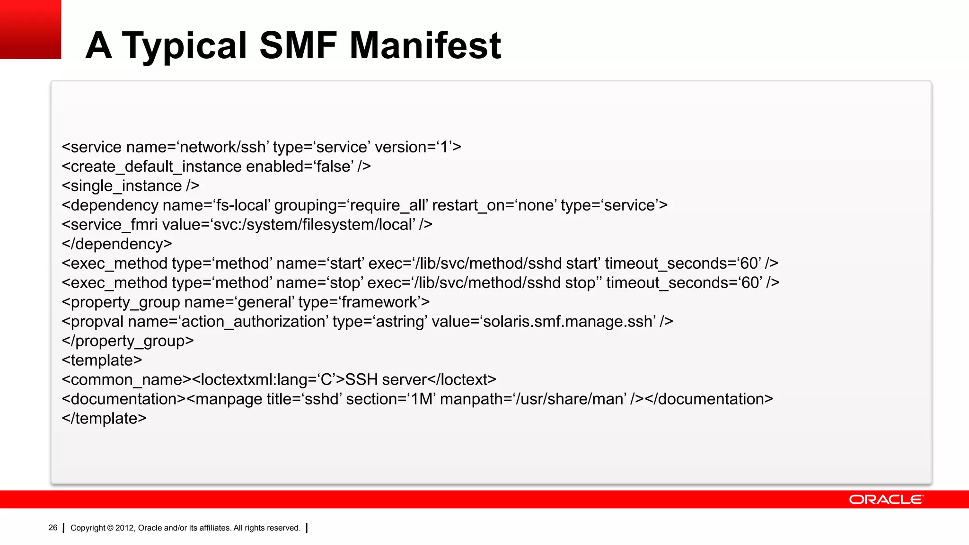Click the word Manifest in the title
(425, 45)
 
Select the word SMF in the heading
(298, 45)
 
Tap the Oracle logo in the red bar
(886, 500)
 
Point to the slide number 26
(53, 527)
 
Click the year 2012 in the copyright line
(125, 528)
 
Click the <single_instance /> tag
(131, 186)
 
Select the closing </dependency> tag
(117, 244)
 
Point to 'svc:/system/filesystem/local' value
(313, 225)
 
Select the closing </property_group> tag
(128, 341)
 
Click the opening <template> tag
(102, 360)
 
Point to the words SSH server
(386, 380)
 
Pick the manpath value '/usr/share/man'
(571, 399)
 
